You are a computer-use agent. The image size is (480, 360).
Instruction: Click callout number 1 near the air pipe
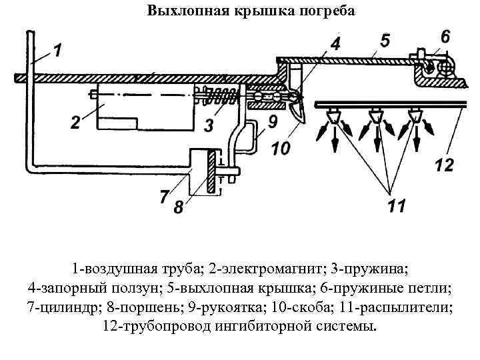57,50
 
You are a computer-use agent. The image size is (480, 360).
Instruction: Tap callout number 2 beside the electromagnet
75,123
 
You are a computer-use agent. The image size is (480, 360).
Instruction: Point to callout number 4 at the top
335,44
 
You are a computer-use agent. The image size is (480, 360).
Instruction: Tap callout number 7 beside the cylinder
165,197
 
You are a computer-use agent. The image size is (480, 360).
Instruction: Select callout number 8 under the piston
178,207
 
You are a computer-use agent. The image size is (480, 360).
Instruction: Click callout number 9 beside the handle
272,122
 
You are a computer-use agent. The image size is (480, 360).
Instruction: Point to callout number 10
281,148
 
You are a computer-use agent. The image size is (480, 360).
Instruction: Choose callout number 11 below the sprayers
396,207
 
